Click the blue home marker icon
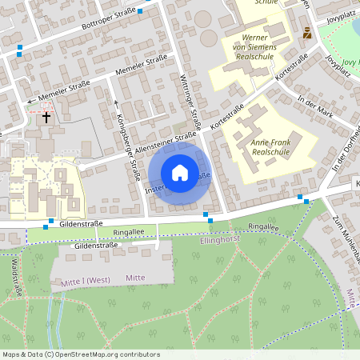coord(180,172)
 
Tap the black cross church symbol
coord(46,117)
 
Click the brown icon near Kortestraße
coord(308,33)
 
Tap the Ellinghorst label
coord(221,239)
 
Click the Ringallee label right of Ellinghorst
coord(264,227)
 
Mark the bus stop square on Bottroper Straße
coord(141,11)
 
